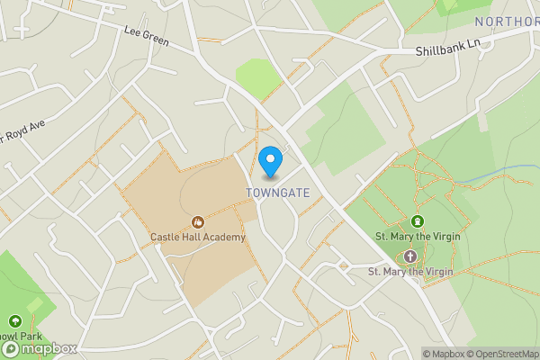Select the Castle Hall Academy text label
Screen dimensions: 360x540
click(198, 237)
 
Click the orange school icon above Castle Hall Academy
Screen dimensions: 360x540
click(198, 221)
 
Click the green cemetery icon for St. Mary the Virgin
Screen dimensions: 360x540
click(417, 221)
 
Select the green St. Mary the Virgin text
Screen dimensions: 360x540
click(418, 236)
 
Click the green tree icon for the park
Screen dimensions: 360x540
click(14, 320)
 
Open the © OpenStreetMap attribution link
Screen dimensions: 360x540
click(500, 353)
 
